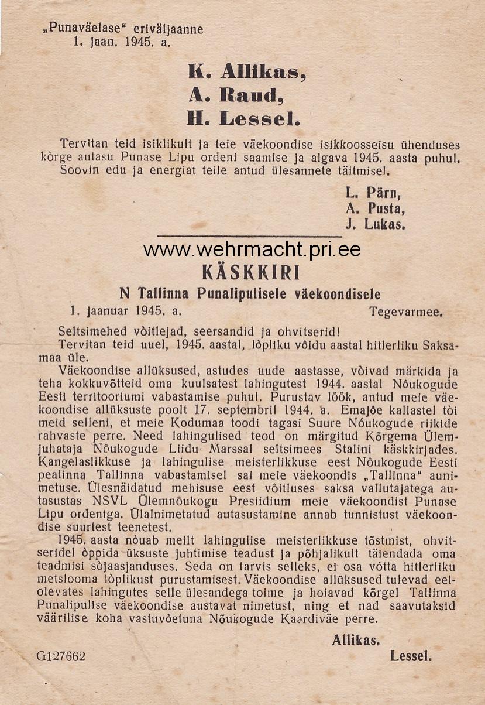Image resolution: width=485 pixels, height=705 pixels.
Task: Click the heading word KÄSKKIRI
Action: [x=243, y=273]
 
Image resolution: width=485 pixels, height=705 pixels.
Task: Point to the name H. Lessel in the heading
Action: [x=243, y=119]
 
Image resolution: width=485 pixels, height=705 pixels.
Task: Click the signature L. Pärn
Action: [x=373, y=193]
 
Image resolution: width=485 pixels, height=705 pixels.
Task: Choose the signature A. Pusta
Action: [x=375, y=208]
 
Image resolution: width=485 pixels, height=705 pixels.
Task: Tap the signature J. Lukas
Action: [x=375, y=224]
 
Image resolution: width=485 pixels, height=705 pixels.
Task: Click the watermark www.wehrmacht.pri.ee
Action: [x=252, y=250]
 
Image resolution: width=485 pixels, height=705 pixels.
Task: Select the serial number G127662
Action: [x=61, y=656]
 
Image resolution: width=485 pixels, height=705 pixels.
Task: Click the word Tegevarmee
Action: [x=405, y=312]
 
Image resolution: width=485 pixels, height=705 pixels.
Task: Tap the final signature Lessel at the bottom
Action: [x=411, y=656]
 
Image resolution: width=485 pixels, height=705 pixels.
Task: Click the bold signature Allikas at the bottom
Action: [x=356, y=640]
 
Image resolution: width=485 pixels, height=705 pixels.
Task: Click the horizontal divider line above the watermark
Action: [x=250, y=236]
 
